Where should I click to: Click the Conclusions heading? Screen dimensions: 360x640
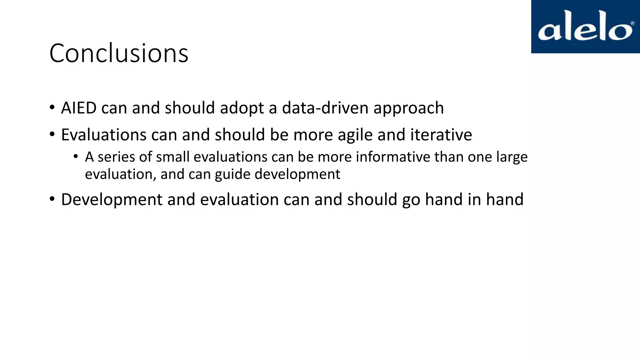point(119,53)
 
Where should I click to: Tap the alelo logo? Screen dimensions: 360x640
point(585,27)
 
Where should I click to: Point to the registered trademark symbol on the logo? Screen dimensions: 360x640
point(632,23)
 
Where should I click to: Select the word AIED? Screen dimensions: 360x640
point(79,108)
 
